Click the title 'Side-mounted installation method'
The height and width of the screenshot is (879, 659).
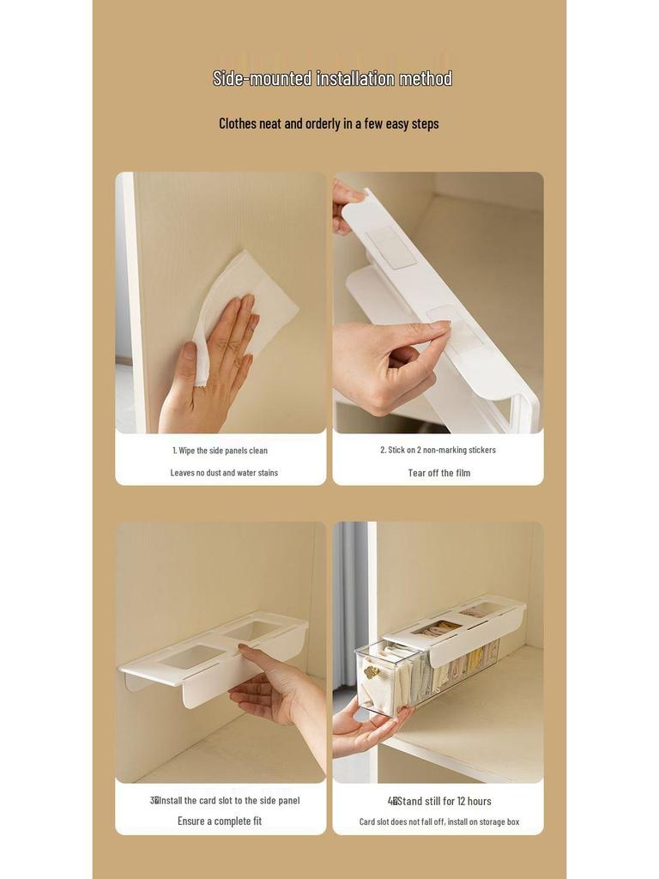tap(332, 79)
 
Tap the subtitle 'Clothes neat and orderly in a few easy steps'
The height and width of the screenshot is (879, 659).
tap(329, 124)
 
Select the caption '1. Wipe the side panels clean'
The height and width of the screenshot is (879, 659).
tap(220, 451)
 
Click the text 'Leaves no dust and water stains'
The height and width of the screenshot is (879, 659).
tap(224, 473)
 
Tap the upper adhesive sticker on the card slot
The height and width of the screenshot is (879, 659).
tap(390, 246)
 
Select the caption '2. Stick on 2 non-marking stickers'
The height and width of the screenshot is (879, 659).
tap(438, 450)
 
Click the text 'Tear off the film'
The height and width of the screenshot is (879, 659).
tap(438, 473)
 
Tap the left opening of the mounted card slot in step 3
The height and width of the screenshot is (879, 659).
tap(190, 657)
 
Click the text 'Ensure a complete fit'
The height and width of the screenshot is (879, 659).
tap(220, 821)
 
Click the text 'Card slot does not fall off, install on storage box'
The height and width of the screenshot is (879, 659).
tap(438, 822)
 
